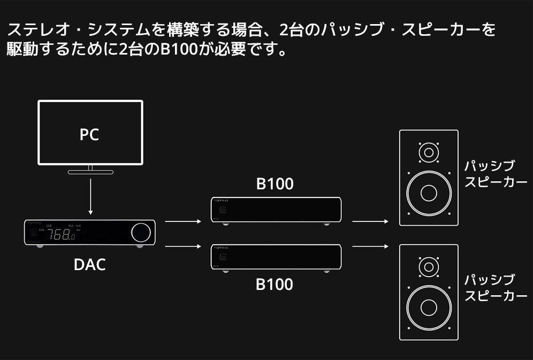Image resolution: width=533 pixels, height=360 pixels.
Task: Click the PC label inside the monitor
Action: (x=89, y=134)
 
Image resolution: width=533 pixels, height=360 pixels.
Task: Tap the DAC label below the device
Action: (x=89, y=264)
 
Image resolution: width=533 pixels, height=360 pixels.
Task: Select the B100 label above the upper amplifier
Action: (x=275, y=185)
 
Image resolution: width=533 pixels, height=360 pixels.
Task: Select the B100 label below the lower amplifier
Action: (x=275, y=284)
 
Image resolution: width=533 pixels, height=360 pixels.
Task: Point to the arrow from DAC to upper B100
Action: (x=184, y=221)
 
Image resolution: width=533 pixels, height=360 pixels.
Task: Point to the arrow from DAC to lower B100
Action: (x=184, y=247)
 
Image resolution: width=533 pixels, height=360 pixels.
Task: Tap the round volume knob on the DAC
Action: (x=141, y=232)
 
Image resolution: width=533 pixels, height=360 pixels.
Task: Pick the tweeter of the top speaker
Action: (x=429, y=153)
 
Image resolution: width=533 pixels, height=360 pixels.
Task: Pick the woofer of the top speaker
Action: (x=429, y=193)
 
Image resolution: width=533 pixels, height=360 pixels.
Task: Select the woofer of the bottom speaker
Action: (x=429, y=307)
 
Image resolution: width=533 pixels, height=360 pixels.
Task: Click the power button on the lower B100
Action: (x=223, y=257)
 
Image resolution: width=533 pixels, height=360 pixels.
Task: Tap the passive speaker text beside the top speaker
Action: (x=496, y=173)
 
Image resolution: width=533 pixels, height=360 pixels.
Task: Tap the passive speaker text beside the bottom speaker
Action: (x=496, y=287)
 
